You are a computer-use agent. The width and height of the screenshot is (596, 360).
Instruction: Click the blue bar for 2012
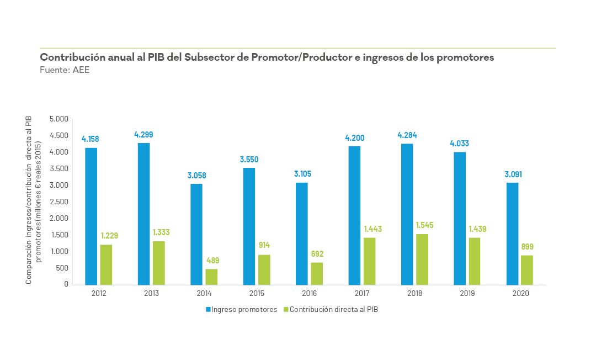(91, 216)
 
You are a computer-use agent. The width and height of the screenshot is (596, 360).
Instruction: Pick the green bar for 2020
(526, 270)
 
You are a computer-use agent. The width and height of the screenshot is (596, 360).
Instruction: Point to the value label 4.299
(143, 134)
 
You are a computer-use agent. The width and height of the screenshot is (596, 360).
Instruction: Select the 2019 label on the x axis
(467, 294)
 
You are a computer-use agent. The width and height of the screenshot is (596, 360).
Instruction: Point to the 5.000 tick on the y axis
(59, 119)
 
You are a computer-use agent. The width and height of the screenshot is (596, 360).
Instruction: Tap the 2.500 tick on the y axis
(59, 202)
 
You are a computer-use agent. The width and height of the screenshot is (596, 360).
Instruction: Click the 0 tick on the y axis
(66, 284)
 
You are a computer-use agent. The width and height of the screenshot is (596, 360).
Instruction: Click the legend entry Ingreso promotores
(242, 310)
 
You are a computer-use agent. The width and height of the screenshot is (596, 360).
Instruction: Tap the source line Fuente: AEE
(65, 70)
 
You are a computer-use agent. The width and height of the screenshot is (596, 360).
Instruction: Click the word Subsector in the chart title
(212, 57)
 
